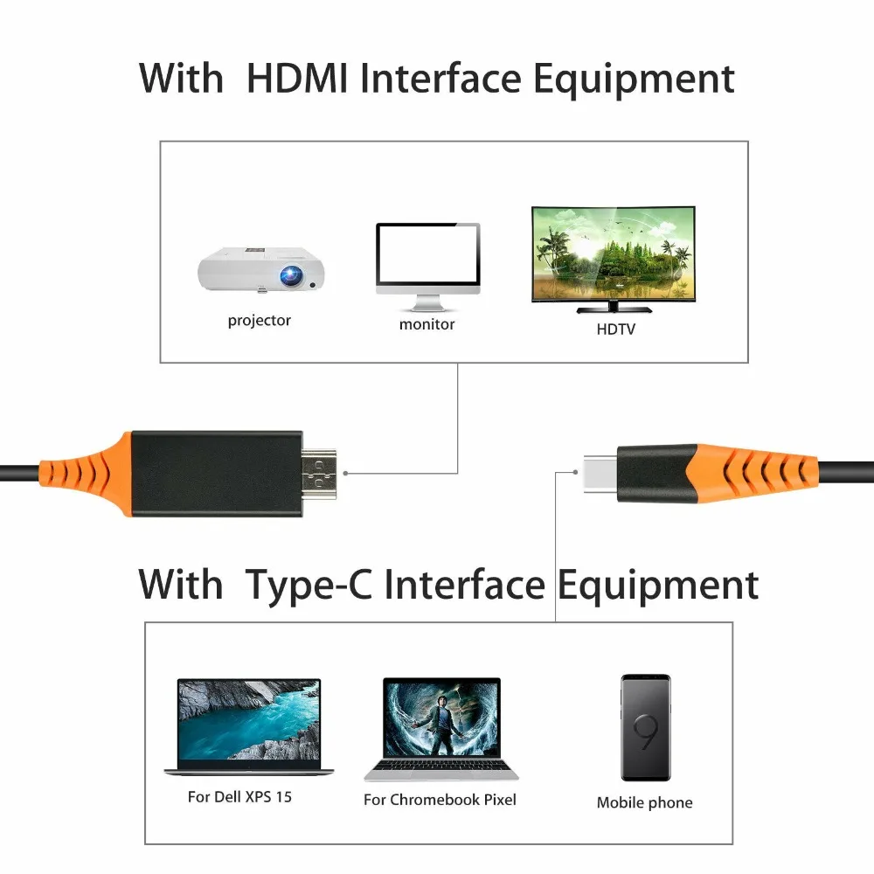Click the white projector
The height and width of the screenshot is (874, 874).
[x=260, y=269]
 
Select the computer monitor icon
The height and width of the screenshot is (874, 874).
[x=427, y=264]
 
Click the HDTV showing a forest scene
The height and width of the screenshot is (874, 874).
[x=614, y=254]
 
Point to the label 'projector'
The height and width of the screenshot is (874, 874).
[x=260, y=321]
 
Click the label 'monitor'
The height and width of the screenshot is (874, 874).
[x=427, y=324]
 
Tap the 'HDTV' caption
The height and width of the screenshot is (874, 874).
[x=616, y=329]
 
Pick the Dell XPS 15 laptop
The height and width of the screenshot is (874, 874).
[x=249, y=726]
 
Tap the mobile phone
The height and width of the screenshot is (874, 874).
[x=645, y=727]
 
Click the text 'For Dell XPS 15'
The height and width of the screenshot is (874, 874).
[x=239, y=797]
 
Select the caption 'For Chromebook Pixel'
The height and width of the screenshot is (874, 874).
[x=440, y=800]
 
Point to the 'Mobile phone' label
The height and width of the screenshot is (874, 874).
[x=644, y=802]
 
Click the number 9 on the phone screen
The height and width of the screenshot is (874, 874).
[x=646, y=732]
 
